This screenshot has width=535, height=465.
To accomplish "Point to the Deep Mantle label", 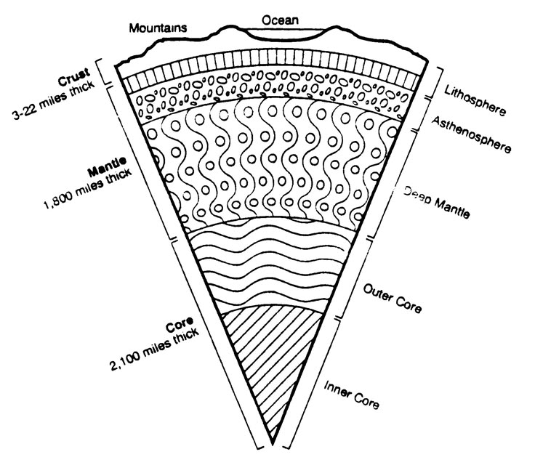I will point(436,203).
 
